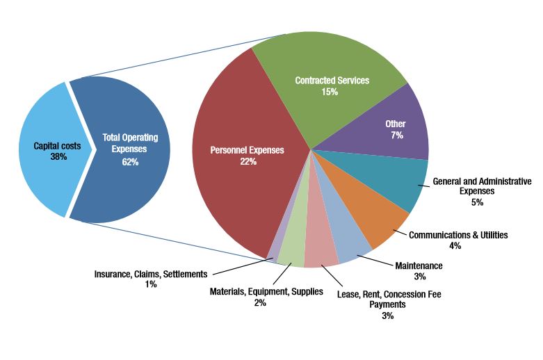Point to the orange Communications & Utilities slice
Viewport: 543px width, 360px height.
(x=375, y=222)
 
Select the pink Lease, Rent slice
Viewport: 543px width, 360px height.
(x=321, y=254)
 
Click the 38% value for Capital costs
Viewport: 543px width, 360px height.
(x=58, y=157)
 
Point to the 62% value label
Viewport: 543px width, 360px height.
(x=130, y=162)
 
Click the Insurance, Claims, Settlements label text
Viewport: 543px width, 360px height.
(x=151, y=274)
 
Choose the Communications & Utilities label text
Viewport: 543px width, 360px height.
(x=458, y=235)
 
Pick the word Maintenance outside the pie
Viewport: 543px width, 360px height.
(x=419, y=265)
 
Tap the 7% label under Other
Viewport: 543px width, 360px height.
(x=396, y=136)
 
